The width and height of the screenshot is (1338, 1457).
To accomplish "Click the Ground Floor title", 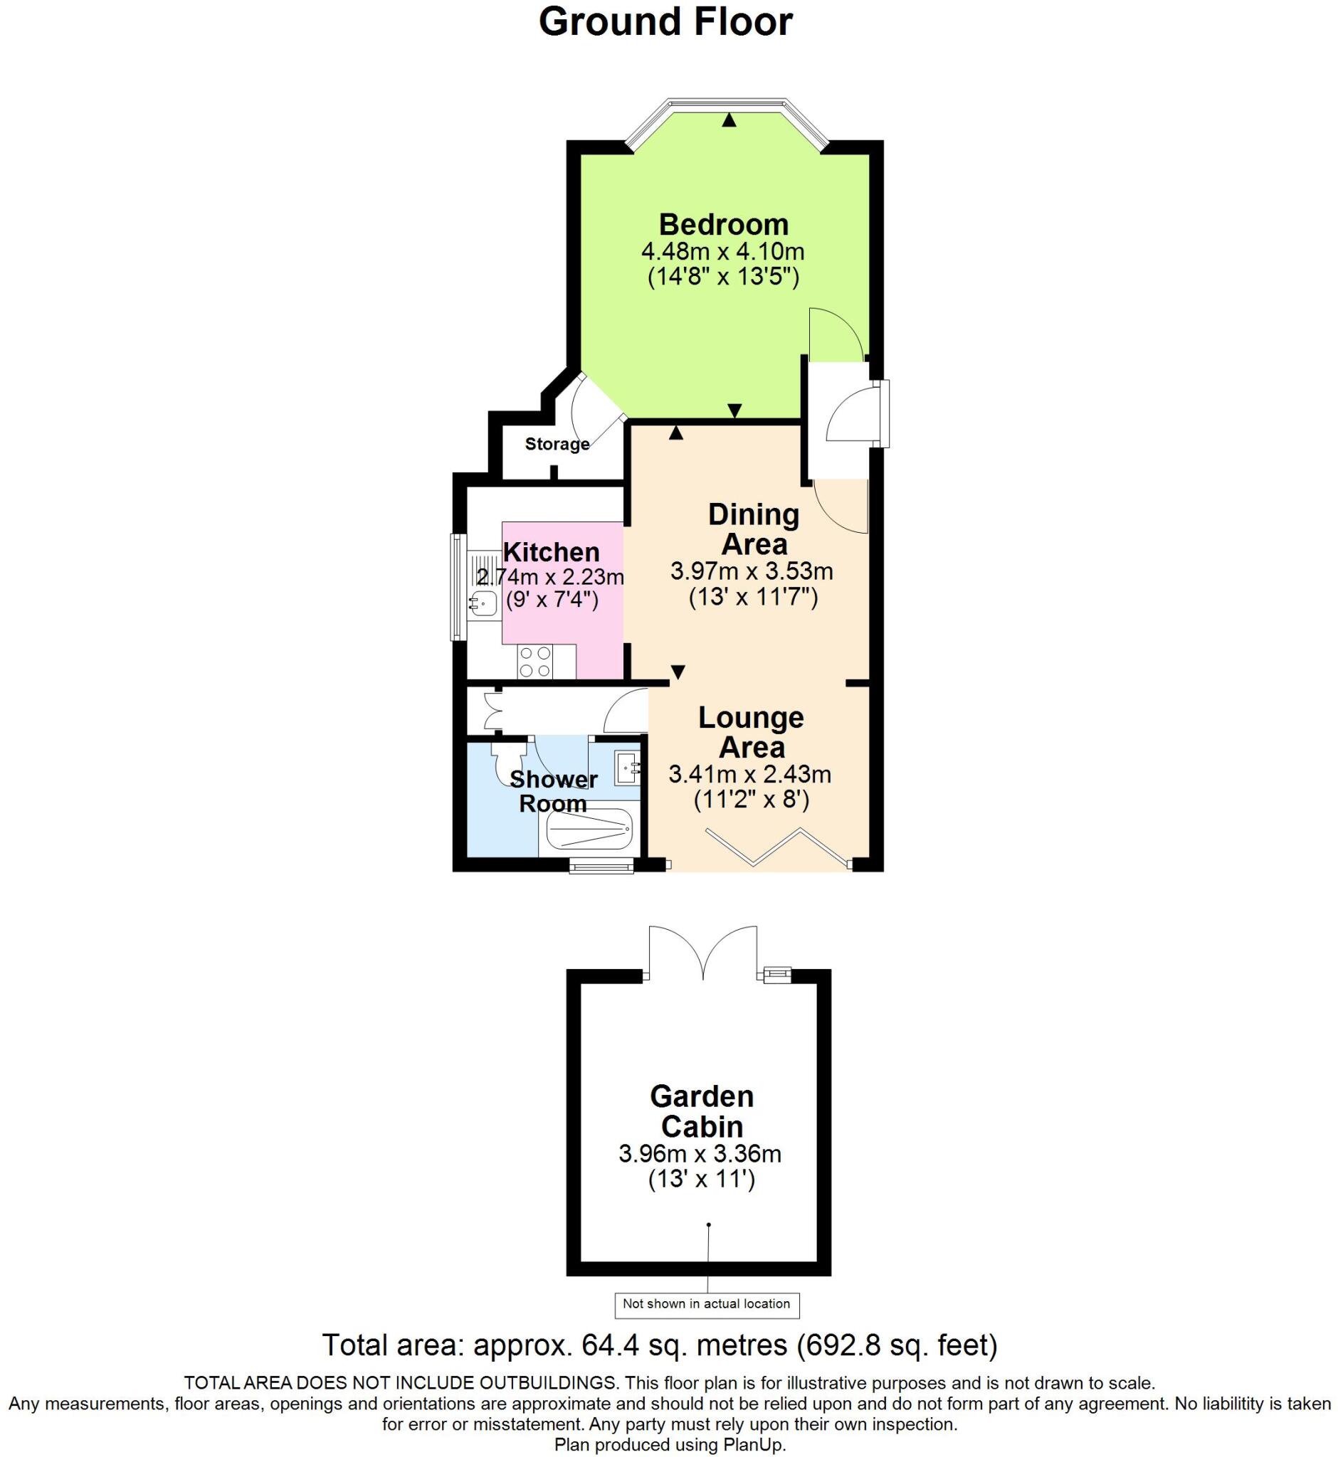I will point(665,23).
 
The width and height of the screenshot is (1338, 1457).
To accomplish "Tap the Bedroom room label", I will point(723,224).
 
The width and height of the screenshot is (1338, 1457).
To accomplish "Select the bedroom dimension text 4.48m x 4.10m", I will point(722,252).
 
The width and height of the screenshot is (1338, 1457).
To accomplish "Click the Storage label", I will point(557,444).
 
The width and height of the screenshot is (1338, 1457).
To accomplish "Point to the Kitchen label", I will point(551,552).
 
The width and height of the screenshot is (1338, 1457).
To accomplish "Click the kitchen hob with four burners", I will point(535,662).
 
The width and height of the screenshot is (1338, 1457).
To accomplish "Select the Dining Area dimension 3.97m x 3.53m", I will point(752,572).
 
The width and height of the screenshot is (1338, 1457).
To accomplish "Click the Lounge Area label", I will point(751,732).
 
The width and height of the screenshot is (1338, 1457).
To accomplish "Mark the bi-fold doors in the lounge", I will point(779,846).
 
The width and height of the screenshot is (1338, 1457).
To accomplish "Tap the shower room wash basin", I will point(626,767).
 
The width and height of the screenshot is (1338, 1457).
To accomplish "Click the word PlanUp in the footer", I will point(753,1445).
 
